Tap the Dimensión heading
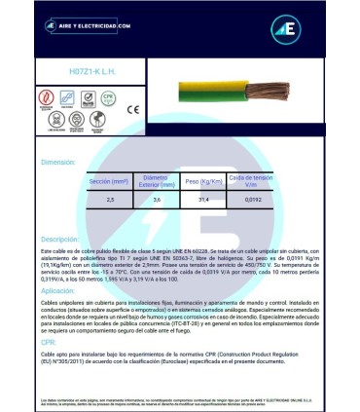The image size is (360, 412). click(x=57, y=163)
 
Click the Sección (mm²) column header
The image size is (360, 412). click(x=109, y=182)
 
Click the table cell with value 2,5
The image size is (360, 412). click(x=109, y=200)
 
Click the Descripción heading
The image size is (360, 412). click(x=59, y=239)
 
